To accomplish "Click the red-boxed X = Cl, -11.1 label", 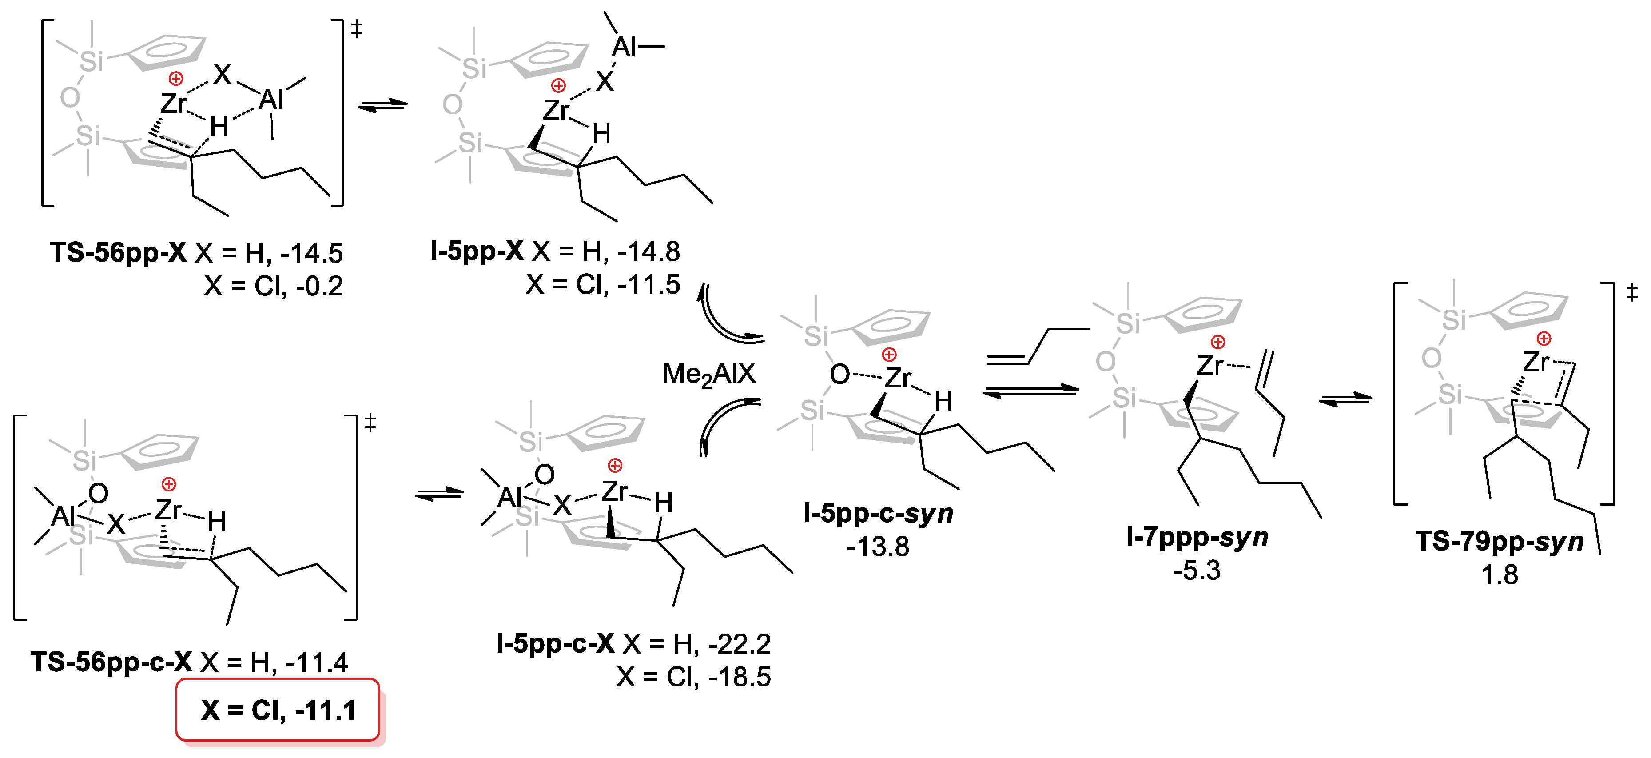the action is tap(278, 710).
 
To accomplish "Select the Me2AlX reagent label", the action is tap(709, 374).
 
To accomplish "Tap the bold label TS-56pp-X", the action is tap(119, 253).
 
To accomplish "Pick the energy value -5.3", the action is tap(1197, 570).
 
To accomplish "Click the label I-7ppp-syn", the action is tap(1197, 537).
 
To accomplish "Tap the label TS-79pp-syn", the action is tap(1499, 542).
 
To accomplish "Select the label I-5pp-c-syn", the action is tap(878, 513).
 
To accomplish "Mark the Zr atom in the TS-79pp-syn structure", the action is tap(1536, 363).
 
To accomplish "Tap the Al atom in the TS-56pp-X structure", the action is tap(271, 100).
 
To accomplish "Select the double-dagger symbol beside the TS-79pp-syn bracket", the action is tap(1632, 294).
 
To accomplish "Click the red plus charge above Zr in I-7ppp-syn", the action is tap(1218, 342).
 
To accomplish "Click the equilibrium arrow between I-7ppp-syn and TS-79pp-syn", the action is tap(1345, 399).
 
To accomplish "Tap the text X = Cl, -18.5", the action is tap(693, 677).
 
